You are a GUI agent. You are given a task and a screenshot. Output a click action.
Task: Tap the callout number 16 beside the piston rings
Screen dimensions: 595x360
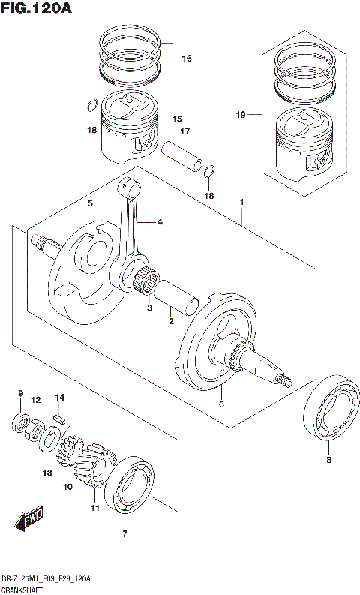pos(186,58)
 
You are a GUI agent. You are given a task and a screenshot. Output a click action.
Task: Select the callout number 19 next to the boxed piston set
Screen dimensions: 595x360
pos(240,115)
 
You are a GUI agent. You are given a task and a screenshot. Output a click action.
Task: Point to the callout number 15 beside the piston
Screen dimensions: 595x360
pos(177,119)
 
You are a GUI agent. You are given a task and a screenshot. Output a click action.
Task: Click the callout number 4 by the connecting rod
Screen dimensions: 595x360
pos(159,222)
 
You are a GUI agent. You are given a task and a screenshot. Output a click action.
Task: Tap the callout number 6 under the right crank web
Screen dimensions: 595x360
pos(221,404)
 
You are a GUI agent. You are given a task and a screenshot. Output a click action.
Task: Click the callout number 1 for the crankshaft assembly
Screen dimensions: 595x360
pos(241,203)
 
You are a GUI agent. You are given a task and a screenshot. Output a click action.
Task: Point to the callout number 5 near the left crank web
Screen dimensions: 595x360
pos(90,203)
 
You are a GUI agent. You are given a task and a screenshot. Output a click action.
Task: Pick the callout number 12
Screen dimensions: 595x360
pos(35,402)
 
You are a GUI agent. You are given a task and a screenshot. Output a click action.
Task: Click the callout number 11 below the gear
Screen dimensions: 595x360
pos(95,508)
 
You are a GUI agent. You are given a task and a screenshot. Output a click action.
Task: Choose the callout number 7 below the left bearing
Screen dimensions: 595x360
pos(125,534)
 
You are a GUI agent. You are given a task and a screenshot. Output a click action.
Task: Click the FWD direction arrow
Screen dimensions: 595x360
pos(29,519)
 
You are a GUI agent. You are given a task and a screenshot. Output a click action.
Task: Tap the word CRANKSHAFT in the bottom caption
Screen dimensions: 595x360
pos(23,590)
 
